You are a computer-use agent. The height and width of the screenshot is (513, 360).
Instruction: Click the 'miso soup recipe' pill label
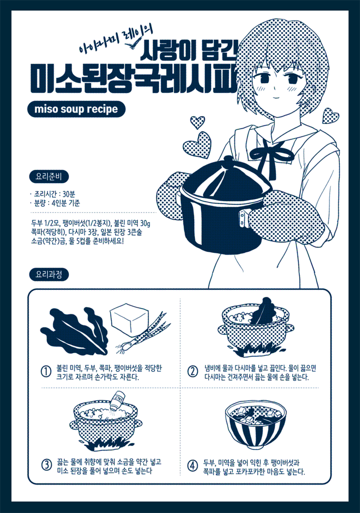(76, 109)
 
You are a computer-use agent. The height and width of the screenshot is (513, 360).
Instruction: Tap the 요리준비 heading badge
(49, 177)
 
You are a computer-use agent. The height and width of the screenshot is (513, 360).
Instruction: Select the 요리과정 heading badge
(49, 274)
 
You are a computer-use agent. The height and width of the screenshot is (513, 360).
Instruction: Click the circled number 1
(46, 372)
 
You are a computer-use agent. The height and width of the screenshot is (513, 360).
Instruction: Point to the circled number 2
(193, 372)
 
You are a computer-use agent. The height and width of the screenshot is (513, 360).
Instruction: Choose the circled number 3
(46, 465)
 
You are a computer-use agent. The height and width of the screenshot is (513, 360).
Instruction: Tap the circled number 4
(193, 466)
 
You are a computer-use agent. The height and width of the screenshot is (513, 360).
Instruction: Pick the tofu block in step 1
(130, 319)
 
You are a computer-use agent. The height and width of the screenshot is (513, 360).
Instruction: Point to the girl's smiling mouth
(277, 97)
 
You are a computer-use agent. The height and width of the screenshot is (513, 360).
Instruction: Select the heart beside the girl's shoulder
(330, 116)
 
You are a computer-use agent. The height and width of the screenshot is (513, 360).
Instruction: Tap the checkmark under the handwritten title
(134, 43)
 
